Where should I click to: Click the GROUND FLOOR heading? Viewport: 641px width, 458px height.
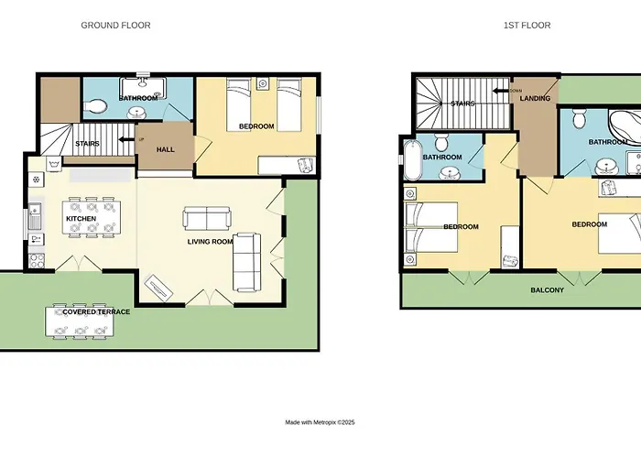(115, 26)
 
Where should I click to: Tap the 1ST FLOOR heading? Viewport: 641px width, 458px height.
(527, 26)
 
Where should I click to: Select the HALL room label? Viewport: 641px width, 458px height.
(166, 149)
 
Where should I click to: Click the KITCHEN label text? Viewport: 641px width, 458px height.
(81, 219)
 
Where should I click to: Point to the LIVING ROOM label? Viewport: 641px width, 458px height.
(210, 242)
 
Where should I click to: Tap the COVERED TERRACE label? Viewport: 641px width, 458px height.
(96, 311)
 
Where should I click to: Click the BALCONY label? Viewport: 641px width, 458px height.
(547, 290)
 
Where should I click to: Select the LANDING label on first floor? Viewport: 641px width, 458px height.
(535, 98)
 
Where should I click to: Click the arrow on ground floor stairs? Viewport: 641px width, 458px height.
(126, 139)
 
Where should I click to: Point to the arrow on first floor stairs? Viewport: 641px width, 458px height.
(500, 91)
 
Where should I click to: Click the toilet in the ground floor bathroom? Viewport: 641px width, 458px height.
(95, 106)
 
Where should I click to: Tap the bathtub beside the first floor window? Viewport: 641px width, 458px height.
(413, 160)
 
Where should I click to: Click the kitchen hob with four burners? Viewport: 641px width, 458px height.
(37, 261)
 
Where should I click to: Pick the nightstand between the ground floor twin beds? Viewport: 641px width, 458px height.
(263, 84)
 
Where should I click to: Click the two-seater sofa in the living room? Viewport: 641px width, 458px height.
(207, 218)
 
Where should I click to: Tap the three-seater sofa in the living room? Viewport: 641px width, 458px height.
(246, 263)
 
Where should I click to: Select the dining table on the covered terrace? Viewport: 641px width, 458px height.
(80, 322)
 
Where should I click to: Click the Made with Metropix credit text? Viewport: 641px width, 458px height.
(320, 422)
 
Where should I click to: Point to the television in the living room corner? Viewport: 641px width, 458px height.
(158, 287)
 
